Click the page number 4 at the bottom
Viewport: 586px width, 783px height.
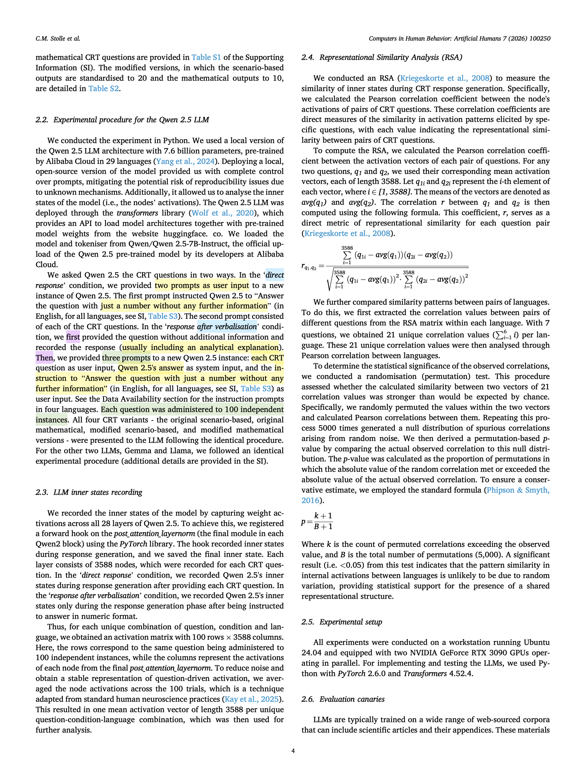point(293,751)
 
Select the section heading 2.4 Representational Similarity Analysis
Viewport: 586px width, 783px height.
point(382,58)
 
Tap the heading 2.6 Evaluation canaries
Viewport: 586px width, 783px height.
point(343,699)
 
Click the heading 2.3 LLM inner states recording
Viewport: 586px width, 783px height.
point(89,492)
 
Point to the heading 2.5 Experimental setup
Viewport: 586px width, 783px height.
point(342,622)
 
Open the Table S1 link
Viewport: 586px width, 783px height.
point(206,58)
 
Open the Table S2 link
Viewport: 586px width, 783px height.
point(104,88)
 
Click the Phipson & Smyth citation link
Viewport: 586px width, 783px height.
point(518,490)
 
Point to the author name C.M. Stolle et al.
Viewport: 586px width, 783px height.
point(58,39)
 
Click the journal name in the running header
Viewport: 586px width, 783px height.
point(459,39)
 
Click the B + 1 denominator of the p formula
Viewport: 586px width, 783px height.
point(323,526)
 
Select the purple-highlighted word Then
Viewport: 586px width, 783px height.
point(44,358)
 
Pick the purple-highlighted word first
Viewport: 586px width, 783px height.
point(73,337)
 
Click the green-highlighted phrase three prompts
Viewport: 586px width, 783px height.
point(126,358)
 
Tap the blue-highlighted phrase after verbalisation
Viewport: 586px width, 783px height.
point(227,326)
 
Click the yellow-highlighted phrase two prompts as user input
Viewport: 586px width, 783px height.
point(202,285)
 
